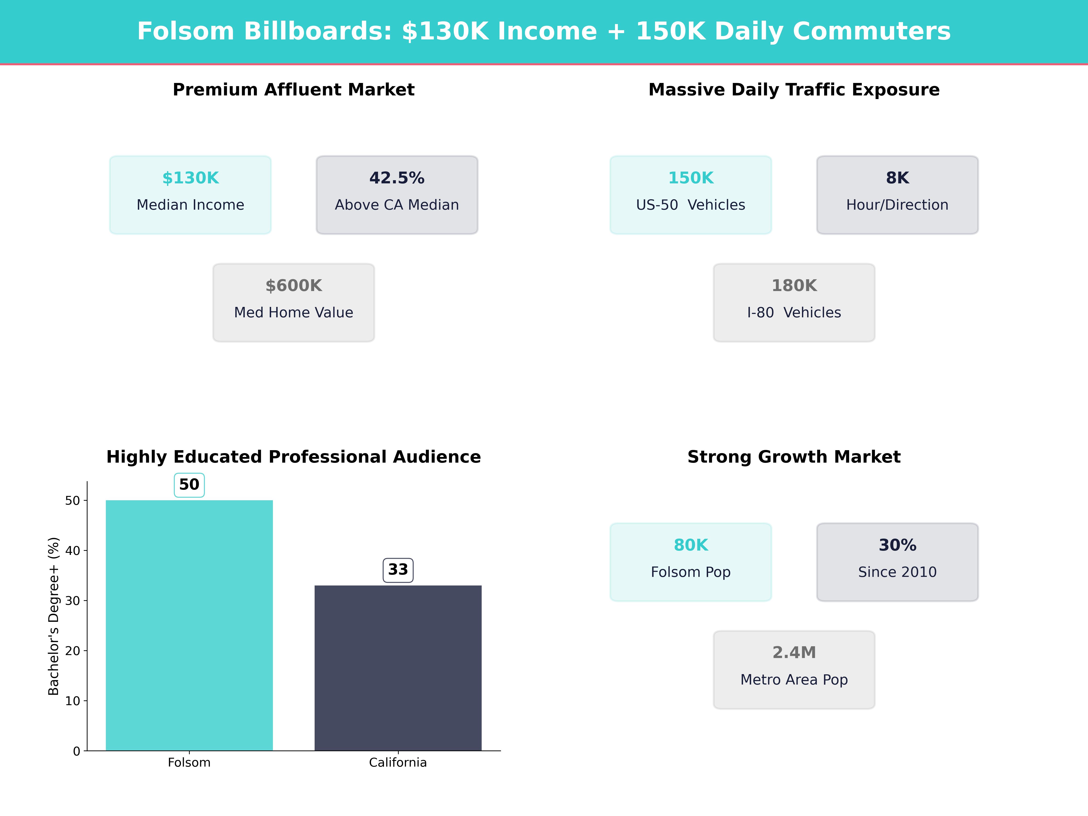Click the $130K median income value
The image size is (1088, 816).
point(190,178)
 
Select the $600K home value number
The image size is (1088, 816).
point(294,286)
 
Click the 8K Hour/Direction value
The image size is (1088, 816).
point(897,178)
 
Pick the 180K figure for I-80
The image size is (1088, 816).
point(794,286)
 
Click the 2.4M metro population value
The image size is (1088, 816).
point(794,653)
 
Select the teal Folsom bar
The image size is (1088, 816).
point(189,625)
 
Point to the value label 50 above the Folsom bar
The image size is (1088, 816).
point(189,485)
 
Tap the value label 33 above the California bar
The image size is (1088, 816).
point(398,570)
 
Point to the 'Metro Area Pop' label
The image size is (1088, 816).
point(794,680)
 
